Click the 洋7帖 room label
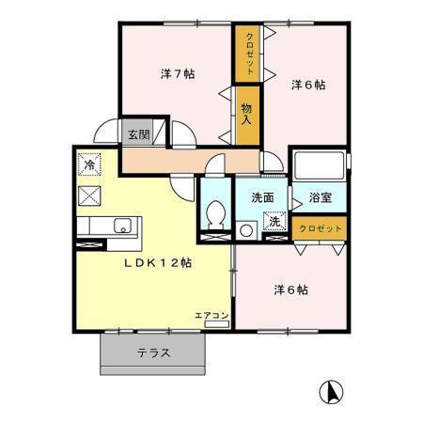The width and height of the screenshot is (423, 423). click(x=177, y=73)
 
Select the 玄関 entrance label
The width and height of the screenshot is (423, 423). click(x=138, y=134)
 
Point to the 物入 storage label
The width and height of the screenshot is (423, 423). click(x=246, y=114)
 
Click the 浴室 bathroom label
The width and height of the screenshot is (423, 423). click(x=321, y=198)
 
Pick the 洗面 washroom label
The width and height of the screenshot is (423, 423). click(x=262, y=197)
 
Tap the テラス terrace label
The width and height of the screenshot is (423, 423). click(x=154, y=353)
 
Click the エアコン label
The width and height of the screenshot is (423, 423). click(x=211, y=316)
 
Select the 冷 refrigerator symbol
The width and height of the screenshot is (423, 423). click(x=88, y=164)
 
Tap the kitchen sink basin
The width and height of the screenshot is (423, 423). click(x=121, y=225)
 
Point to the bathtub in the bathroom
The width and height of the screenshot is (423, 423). click(x=319, y=169)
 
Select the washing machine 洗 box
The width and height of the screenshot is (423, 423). click(x=276, y=223)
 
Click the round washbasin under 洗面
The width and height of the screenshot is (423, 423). click(x=246, y=228)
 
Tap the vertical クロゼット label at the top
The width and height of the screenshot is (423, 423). click(x=249, y=48)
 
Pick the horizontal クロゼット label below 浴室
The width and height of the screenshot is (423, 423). click(x=320, y=228)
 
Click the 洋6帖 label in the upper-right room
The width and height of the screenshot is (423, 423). click(x=307, y=85)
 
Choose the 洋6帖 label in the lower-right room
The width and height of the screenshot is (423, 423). click(x=290, y=289)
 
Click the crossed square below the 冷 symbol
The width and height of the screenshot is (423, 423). click(x=89, y=196)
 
